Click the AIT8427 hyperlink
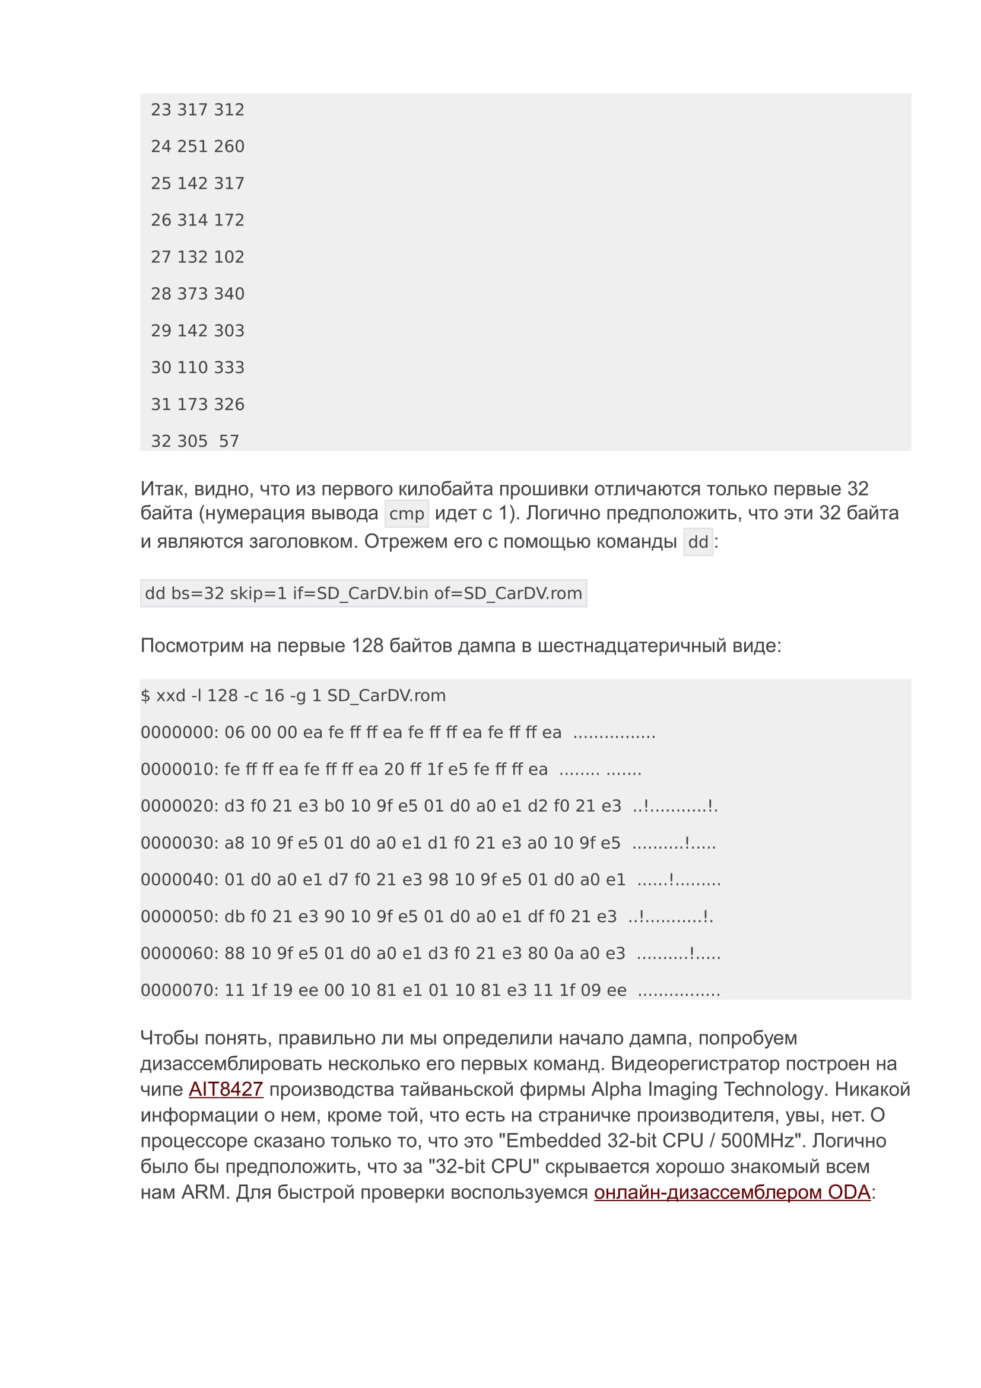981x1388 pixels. (x=226, y=1089)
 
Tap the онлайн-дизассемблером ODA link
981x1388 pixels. (x=731, y=1192)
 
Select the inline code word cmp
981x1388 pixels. (x=406, y=514)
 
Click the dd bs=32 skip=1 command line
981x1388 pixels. (x=363, y=593)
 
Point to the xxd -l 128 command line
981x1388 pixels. (x=293, y=695)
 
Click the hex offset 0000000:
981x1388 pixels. (x=179, y=732)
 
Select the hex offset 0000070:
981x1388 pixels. (x=179, y=990)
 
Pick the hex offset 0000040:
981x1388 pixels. (x=179, y=879)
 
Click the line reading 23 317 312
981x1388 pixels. (x=198, y=109)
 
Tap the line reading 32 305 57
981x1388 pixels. (x=195, y=441)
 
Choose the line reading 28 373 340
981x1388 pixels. (x=198, y=293)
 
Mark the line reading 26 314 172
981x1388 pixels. (x=198, y=220)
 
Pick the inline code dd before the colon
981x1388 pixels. (x=697, y=542)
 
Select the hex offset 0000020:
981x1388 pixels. (x=179, y=806)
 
